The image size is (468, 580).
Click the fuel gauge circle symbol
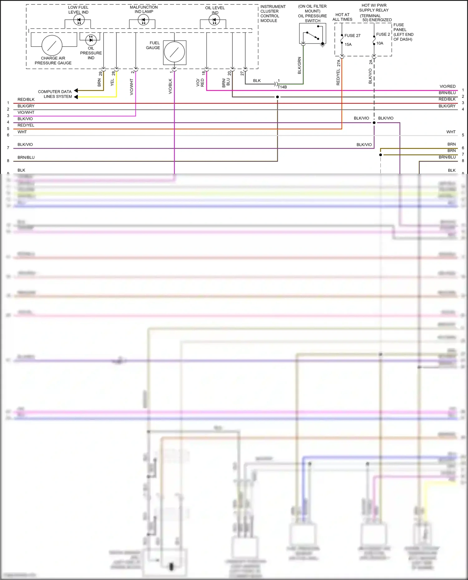click(175, 52)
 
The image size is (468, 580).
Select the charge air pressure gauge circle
click(52, 46)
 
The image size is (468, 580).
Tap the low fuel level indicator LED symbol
click(79, 20)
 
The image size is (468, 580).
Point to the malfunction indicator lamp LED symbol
click(143, 21)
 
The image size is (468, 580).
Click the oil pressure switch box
click(312, 34)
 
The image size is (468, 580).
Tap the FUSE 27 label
click(352, 36)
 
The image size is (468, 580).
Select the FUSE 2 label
click(383, 34)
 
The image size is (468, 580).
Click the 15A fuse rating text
click(348, 45)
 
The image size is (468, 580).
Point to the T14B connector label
click(282, 87)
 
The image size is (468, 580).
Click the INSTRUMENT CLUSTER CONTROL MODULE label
click(273, 14)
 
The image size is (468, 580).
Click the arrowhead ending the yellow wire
click(76, 97)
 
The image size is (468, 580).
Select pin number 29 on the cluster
click(100, 74)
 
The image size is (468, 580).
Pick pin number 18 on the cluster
click(204, 73)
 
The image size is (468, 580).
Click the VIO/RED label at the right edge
click(447, 86)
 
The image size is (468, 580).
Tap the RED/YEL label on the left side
click(26, 125)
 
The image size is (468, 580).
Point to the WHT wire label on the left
click(22, 132)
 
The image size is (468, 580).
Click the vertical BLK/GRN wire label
click(300, 65)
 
